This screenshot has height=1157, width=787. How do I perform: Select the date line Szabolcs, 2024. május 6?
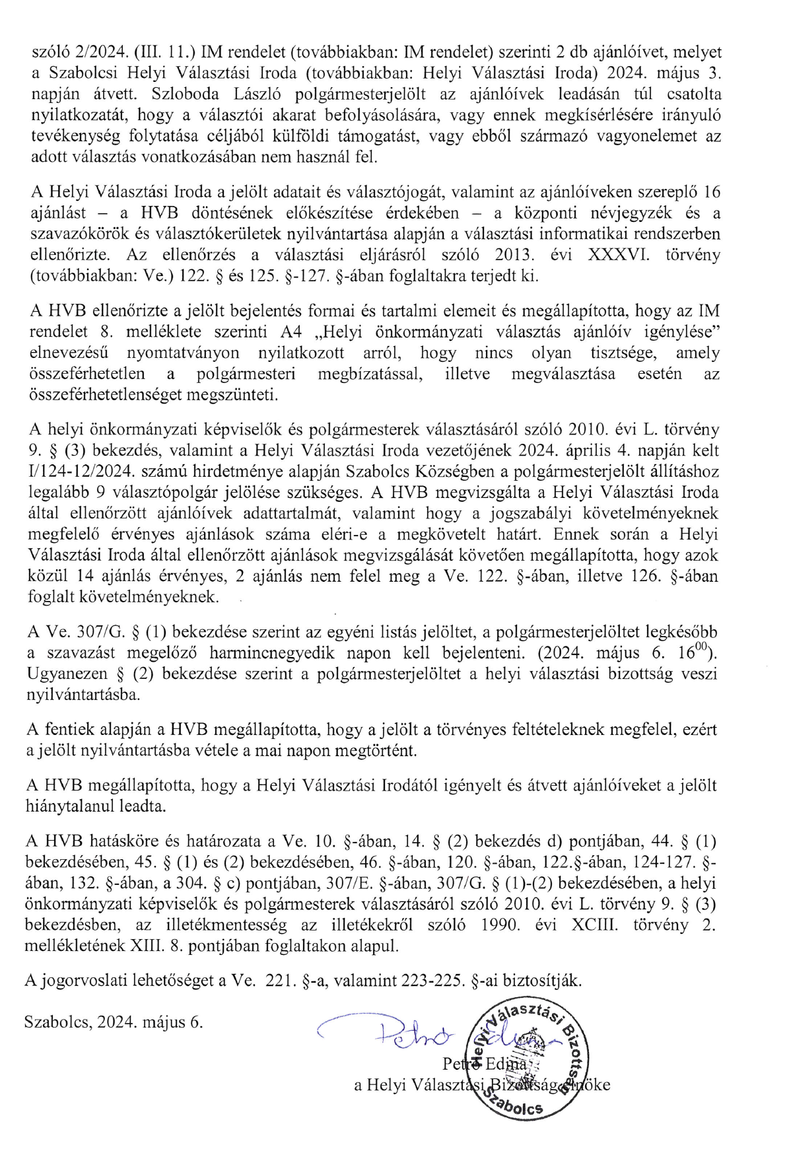(114, 1022)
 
